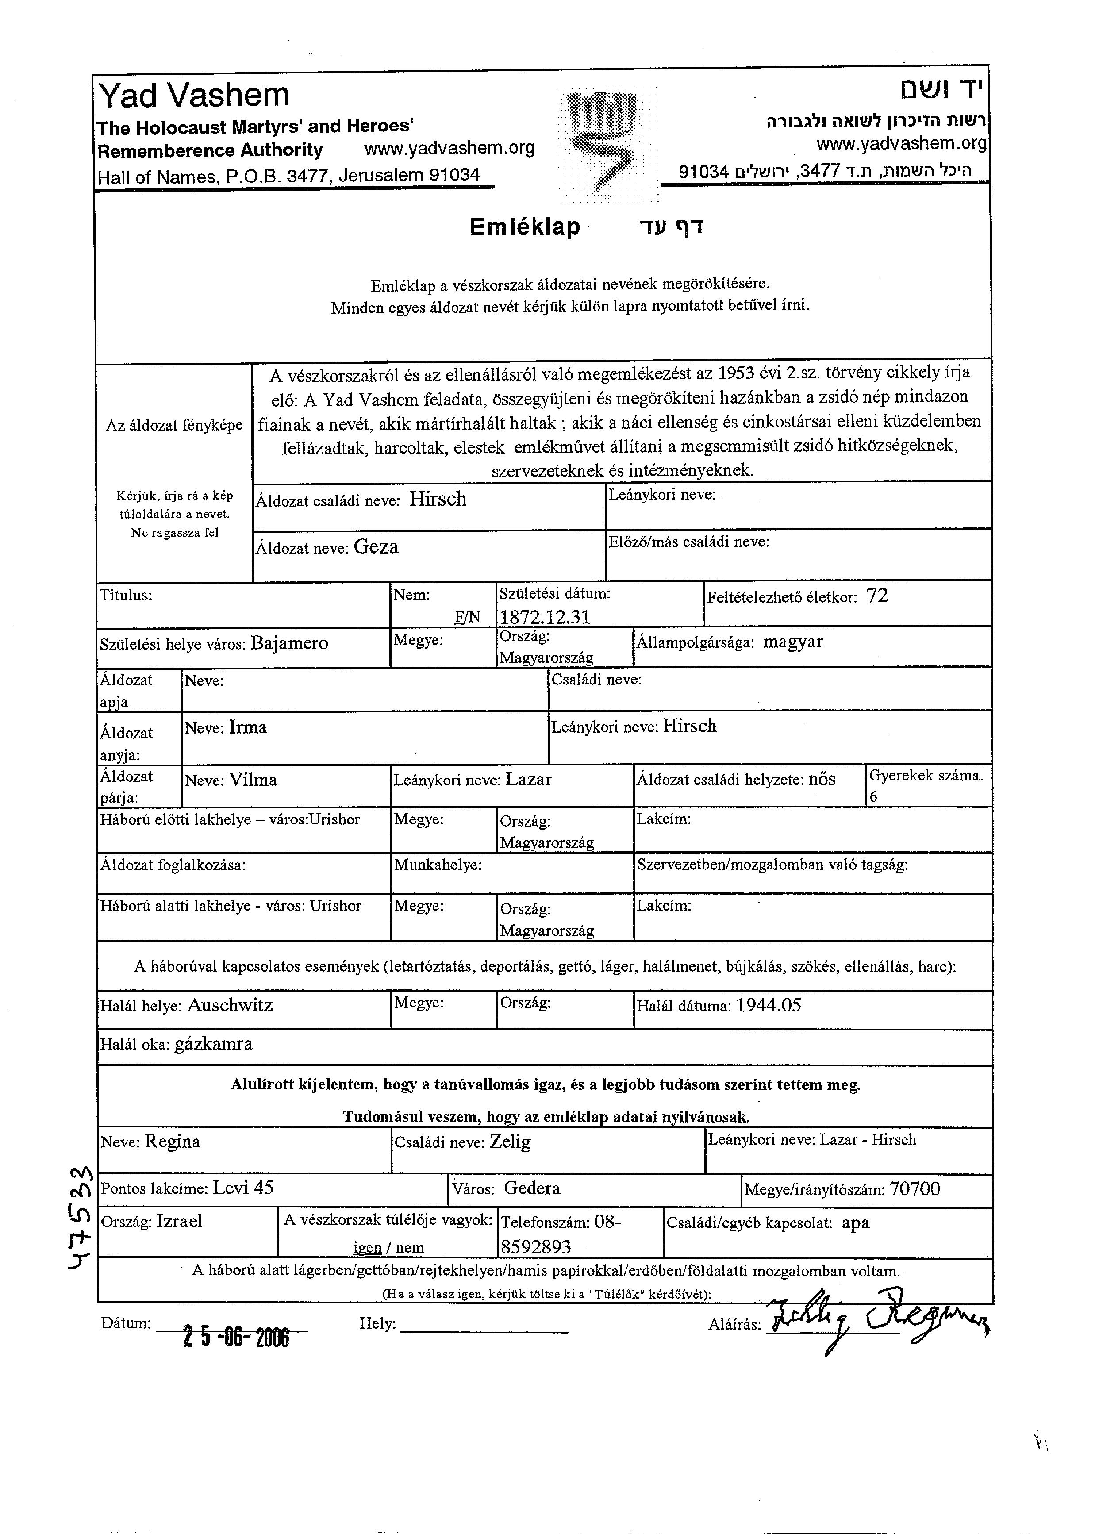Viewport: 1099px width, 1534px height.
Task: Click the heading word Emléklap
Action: (x=525, y=227)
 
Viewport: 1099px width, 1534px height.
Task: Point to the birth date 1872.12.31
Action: (x=545, y=617)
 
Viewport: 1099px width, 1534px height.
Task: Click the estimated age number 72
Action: (x=877, y=596)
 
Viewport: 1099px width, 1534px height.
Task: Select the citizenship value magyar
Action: (x=793, y=642)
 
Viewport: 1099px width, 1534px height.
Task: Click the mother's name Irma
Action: (x=248, y=728)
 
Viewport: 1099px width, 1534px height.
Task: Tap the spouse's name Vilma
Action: (x=253, y=780)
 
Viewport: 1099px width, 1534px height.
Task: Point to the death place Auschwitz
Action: (x=230, y=1005)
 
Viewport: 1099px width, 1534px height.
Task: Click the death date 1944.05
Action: (x=769, y=1005)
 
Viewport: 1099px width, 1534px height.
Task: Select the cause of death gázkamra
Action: (x=214, y=1044)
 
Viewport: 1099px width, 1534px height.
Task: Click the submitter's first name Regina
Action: (x=173, y=1142)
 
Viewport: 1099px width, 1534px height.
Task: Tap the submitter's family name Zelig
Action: (x=510, y=1142)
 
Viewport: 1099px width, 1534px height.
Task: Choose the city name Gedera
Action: (x=532, y=1188)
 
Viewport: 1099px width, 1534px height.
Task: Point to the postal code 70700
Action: (x=915, y=1189)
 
